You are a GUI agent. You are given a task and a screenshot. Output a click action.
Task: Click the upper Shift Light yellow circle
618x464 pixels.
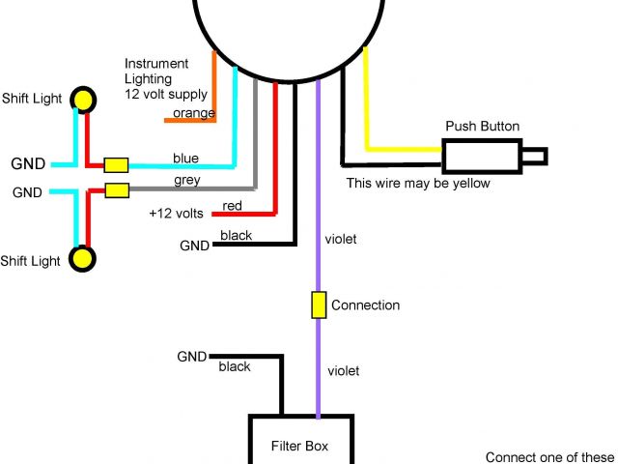coord(85,99)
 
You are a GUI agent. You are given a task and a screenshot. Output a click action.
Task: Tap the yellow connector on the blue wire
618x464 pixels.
coord(117,164)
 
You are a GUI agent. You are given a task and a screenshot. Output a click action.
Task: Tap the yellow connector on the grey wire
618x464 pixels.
coord(117,190)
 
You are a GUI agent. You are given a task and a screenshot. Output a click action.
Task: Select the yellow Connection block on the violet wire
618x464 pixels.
coord(318,305)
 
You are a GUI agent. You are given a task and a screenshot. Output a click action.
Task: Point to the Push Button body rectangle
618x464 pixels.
coord(481,157)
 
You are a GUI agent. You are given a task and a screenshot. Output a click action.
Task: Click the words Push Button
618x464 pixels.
coord(482,127)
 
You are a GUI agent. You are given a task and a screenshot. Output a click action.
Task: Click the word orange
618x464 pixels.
coord(193,114)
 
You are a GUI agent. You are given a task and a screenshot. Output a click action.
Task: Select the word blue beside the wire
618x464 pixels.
coord(185,158)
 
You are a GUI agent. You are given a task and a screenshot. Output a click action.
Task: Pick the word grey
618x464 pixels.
coord(187,180)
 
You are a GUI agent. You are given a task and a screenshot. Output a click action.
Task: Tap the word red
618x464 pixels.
coord(233,206)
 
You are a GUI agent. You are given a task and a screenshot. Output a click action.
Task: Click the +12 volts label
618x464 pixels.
coord(176,213)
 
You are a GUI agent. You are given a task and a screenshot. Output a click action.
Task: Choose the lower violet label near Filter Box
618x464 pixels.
coord(343,370)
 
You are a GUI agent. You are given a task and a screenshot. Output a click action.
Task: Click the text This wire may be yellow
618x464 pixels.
coord(418,183)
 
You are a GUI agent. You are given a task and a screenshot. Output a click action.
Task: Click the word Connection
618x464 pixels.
coord(365,305)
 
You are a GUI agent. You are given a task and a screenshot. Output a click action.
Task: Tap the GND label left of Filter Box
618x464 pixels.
coord(191,357)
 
